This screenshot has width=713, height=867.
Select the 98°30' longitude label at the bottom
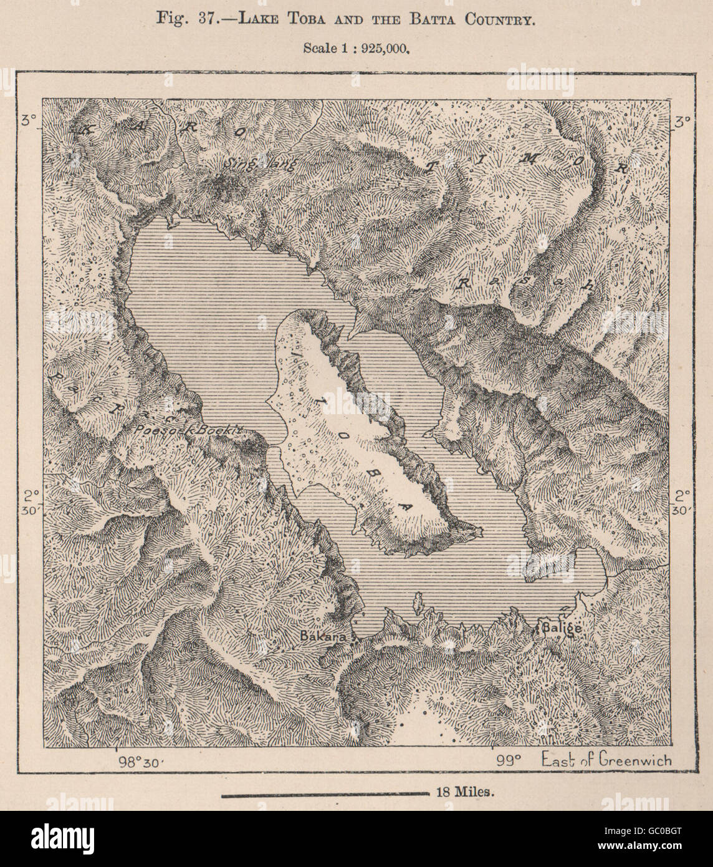click(139, 762)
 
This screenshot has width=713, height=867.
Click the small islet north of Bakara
click(416, 601)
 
